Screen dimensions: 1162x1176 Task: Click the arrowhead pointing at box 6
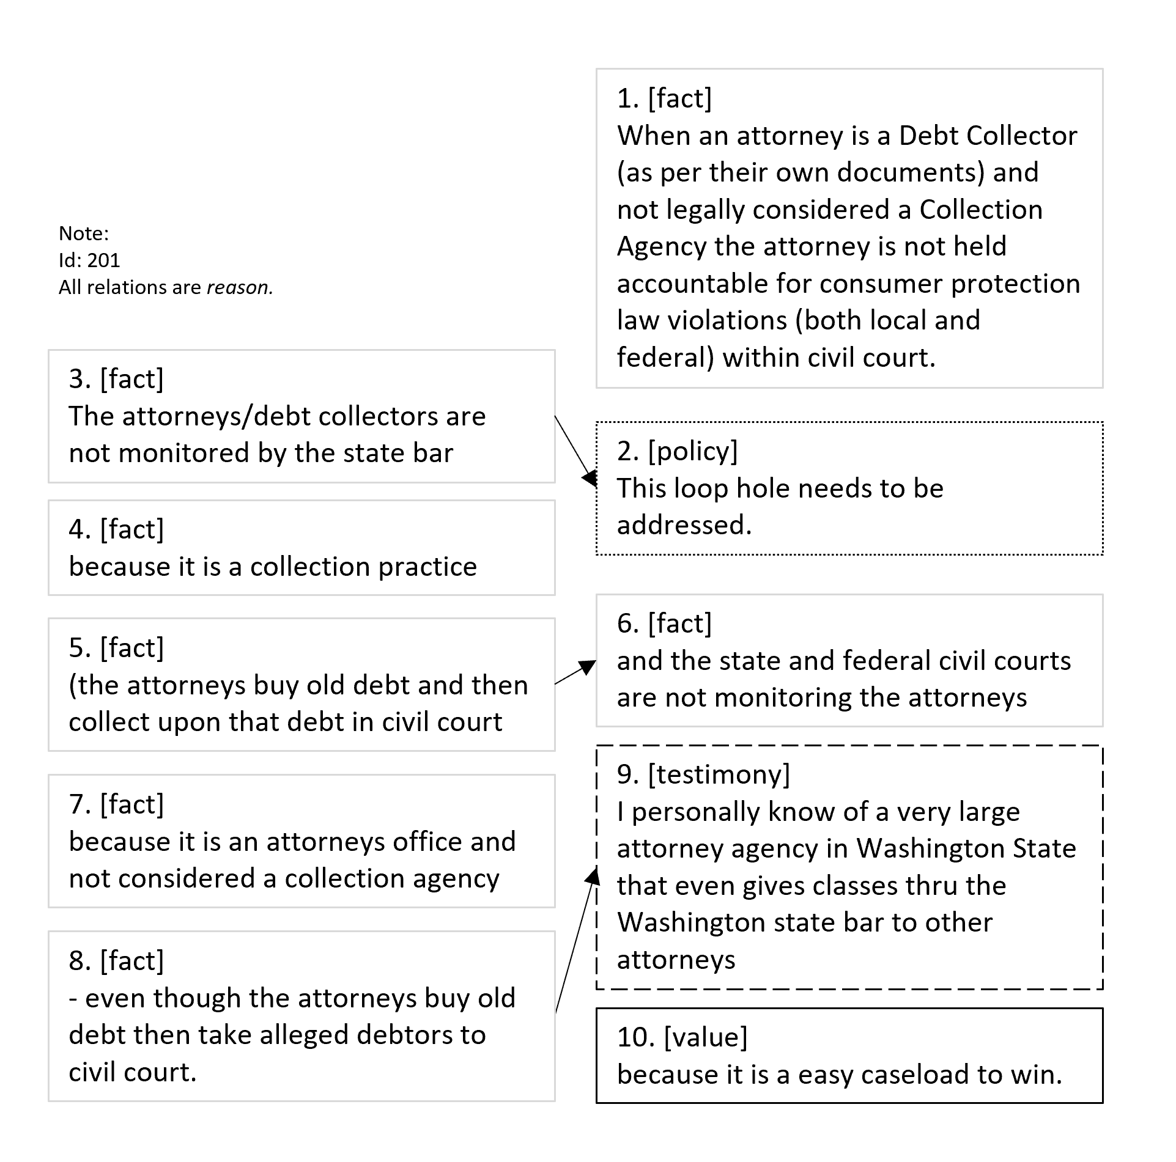point(588,666)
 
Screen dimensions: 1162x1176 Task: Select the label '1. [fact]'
point(664,98)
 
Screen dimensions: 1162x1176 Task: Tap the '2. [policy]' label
point(677,450)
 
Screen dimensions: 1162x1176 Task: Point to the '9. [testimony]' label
point(703,774)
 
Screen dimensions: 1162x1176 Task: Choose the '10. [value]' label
point(682,1037)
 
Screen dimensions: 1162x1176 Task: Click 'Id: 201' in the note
point(89,260)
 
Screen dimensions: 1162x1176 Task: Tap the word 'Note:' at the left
point(84,234)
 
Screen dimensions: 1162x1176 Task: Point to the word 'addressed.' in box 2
point(684,525)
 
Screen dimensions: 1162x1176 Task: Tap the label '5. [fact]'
point(116,648)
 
